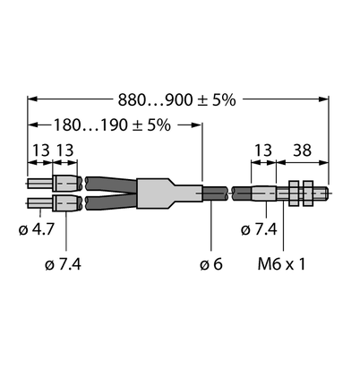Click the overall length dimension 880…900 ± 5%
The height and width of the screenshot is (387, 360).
[x=177, y=100]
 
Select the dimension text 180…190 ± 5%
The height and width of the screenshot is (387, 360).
[x=112, y=125]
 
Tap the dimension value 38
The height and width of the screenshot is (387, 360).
[x=302, y=150]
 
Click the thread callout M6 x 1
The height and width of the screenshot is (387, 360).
[x=281, y=264]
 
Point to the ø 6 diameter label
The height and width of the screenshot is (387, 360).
[x=211, y=264]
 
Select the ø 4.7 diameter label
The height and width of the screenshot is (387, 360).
[x=37, y=229]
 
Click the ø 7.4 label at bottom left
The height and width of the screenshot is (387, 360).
[x=63, y=264]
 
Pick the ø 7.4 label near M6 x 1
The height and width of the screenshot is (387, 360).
[x=259, y=229]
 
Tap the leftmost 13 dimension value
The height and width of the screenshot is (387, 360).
[x=41, y=150]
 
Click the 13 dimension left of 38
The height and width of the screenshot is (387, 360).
[x=263, y=150]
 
